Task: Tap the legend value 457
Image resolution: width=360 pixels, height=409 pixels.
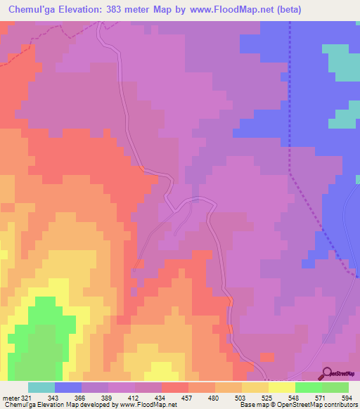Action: [188, 398]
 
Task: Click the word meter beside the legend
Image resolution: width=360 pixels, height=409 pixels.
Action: [11, 398]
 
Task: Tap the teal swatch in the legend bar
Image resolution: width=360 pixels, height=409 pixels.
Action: [41, 387]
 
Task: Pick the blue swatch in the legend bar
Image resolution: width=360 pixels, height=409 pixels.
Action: [68, 387]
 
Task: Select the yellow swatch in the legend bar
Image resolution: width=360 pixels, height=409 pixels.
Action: [282, 387]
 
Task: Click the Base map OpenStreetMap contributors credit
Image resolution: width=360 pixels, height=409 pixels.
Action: [298, 405]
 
